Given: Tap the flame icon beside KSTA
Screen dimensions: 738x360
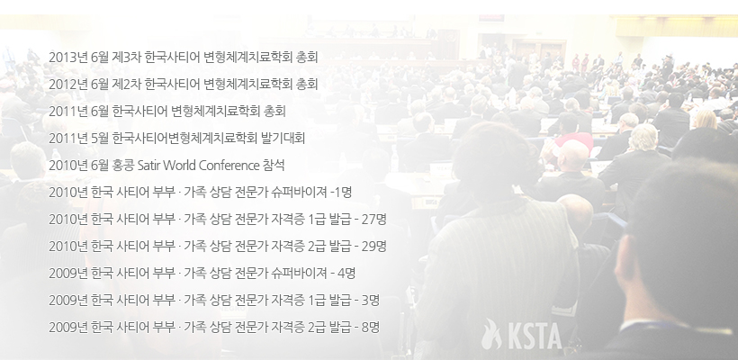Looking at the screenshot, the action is point(491,334).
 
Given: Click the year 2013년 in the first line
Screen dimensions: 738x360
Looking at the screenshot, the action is point(68,58).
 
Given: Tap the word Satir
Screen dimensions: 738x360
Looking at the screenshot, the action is point(148,166).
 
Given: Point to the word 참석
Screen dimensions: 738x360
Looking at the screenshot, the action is point(274,166).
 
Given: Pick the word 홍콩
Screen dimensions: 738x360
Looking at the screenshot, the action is point(123,166).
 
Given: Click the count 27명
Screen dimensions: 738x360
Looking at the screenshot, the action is point(374,220).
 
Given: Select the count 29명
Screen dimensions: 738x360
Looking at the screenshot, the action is point(374,246).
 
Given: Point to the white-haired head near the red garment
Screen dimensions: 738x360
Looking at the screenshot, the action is point(643,138).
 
